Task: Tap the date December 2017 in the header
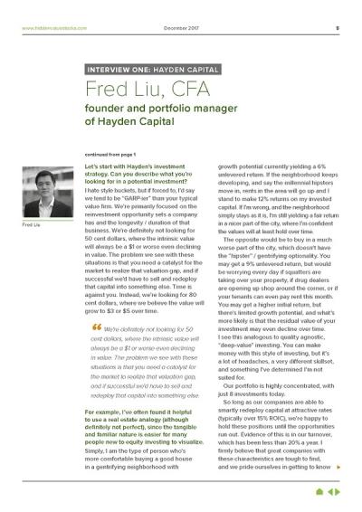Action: click(180, 28)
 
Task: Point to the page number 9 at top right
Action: click(337, 28)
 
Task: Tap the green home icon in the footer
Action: click(319, 492)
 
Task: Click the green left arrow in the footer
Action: click(329, 492)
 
